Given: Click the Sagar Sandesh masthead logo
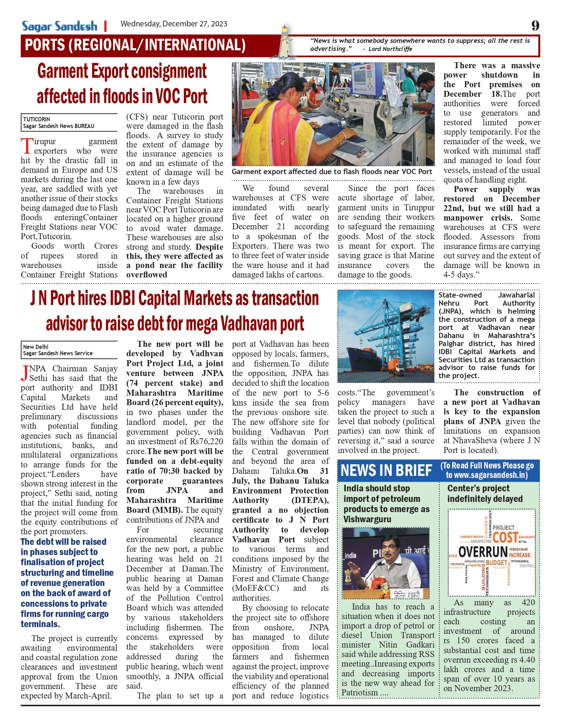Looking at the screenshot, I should (59, 26).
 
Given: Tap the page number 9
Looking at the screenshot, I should (535, 25).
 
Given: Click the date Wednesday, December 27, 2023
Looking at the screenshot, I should (174, 24).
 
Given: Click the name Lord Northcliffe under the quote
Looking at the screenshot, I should (390, 49).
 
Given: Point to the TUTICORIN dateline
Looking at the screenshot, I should (37, 119).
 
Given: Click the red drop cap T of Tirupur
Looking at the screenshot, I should (26, 146).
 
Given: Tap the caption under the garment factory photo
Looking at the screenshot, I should (332, 172).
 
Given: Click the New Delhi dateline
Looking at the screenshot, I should (36, 347).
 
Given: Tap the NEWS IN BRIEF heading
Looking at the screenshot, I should (386, 470).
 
